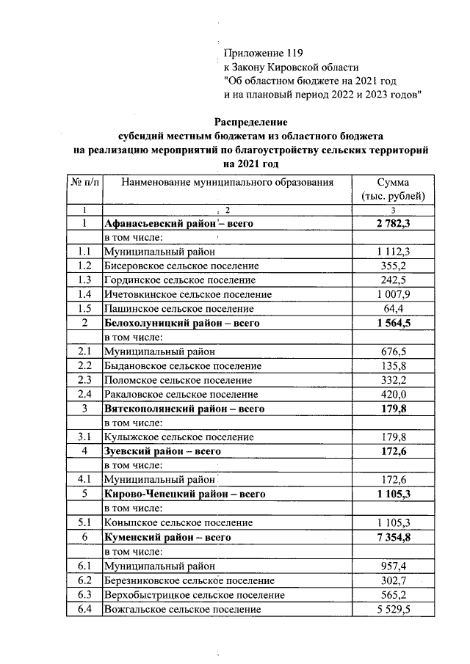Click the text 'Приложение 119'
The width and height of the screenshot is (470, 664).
coord(262,54)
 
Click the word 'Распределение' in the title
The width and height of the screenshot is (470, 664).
coord(251,122)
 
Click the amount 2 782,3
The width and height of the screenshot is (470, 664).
coord(392,224)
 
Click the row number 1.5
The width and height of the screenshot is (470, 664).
coord(84,308)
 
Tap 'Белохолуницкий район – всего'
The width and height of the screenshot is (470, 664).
coord(183,323)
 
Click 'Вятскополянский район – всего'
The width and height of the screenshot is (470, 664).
coord(184,409)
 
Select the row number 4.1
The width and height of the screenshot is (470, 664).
coord(84,480)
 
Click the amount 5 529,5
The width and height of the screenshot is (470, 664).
coord(392,608)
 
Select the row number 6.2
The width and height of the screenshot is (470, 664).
coord(84,580)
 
